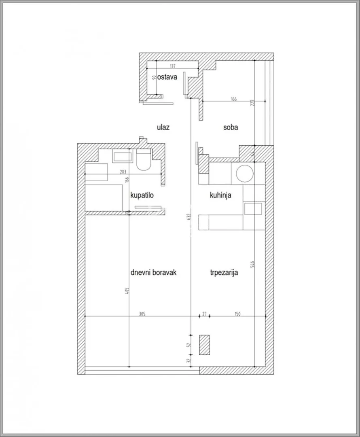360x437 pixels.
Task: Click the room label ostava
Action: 167,77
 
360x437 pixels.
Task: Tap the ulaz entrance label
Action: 163,127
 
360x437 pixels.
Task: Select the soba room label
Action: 231,127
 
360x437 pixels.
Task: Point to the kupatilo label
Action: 142,195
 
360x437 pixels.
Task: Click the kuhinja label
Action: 221,195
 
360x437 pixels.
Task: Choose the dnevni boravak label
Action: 154,272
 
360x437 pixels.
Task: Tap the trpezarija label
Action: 224,272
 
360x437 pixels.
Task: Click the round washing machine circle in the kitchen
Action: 245,173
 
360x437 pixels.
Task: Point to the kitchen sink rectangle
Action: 253,209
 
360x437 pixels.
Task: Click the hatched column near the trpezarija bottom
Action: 205,344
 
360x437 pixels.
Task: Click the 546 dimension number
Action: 253,265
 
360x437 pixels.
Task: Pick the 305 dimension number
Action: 142,314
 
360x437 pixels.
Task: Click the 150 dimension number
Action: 237,314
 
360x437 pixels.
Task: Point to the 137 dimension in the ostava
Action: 173,66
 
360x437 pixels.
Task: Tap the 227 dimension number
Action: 253,102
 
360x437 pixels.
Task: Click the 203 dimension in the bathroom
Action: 123,172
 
